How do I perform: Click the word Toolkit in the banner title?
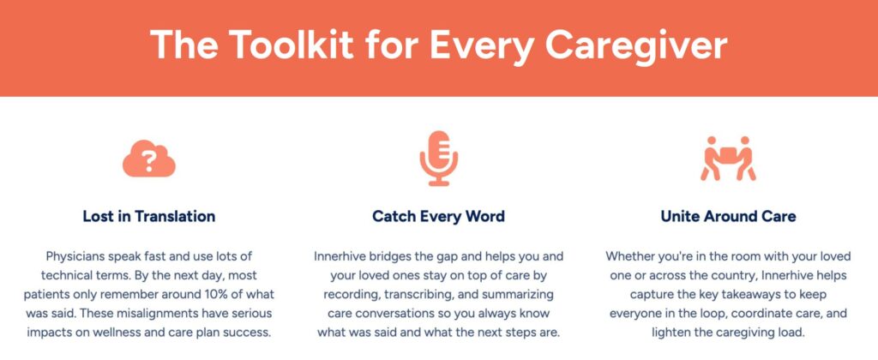tap(292, 45)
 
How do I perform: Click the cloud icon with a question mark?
tap(149, 159)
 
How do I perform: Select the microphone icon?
tap(438, 159)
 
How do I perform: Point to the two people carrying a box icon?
tap(728, 159)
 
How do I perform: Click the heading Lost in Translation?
tap(149, 216)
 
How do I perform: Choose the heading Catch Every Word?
tap(438, 216)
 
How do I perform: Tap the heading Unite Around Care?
tap(728, 216)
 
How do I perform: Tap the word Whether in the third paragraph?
tap(626, 257)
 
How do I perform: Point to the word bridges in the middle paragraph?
tap(385, 257)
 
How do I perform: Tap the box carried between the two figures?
tap(728, 153)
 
